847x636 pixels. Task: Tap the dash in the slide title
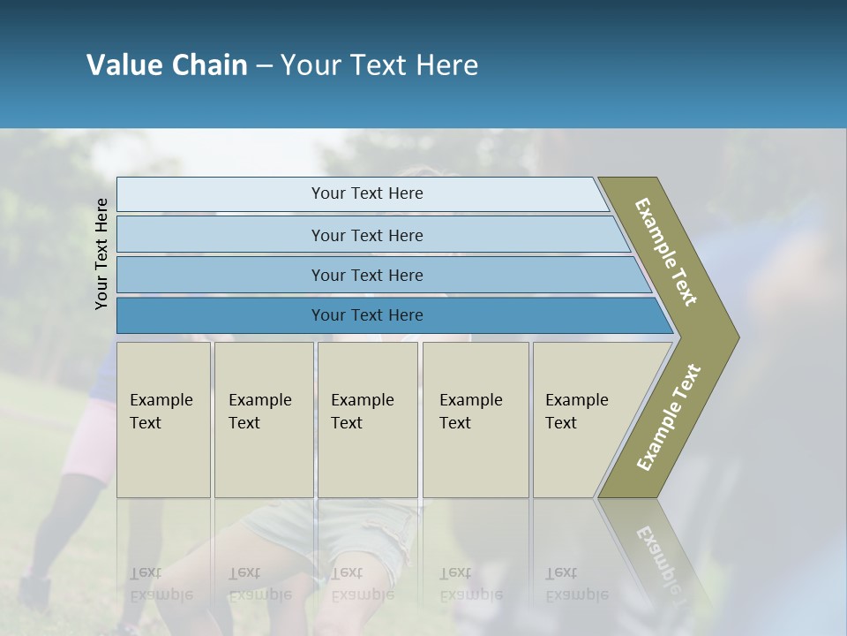(x=264, y=66)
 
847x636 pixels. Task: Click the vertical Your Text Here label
(x=101, y=254)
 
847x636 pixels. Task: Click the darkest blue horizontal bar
(x=221, y=315)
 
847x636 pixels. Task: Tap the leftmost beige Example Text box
(x=163, y=420)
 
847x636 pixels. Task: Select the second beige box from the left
(x=264, y=420)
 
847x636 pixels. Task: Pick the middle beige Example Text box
(x=367, y=420)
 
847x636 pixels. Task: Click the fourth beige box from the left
(x=476, y=420)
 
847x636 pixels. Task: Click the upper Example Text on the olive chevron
(x=666, y=252)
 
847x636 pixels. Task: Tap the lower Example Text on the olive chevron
(x=668, y=418)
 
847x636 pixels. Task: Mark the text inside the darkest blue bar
(x=367, y=315)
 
